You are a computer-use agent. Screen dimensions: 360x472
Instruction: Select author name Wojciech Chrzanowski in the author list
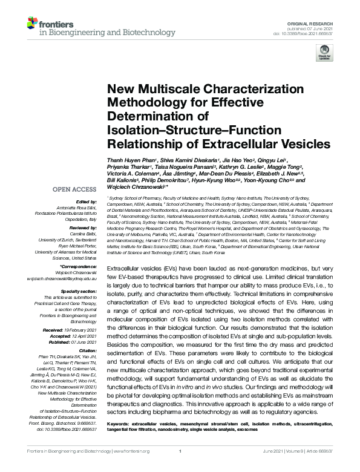point(133,186)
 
